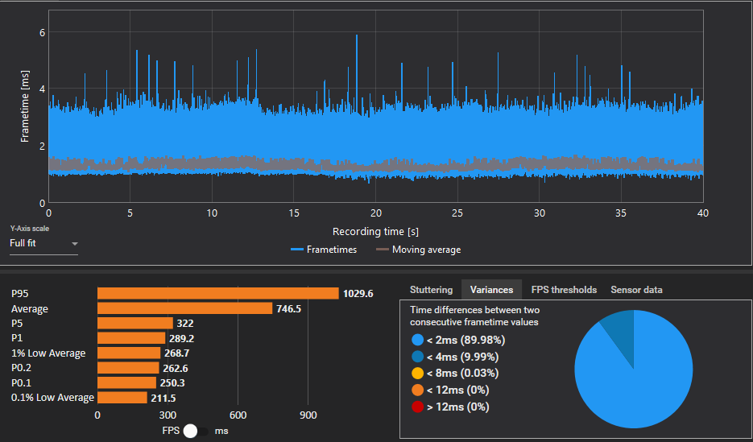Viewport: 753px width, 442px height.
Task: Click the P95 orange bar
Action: click(218, 293)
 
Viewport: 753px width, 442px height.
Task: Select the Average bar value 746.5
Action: click(288, 308)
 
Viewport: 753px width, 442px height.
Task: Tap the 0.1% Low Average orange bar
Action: click(122, 398)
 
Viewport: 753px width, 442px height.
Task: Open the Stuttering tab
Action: click(431, 290)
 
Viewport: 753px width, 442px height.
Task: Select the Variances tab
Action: click(492, 290)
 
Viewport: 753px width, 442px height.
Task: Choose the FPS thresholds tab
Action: click(564, 290)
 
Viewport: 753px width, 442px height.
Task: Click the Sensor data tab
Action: click(636, 290)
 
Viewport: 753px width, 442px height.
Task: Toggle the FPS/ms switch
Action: click(196, 431)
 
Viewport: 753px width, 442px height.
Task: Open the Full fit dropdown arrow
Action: click(74, 244)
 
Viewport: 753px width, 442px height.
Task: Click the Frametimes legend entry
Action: click(324, 250)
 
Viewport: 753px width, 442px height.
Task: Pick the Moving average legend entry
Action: click(418, 250)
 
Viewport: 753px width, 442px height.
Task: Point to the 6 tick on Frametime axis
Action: click(41, 31)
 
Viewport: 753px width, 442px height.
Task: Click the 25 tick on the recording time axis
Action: click(457, 212)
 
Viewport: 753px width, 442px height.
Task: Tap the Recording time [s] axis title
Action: click(375, 232)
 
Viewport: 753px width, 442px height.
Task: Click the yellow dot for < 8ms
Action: click(417, 373)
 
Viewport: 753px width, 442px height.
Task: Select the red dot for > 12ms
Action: click(417, 407)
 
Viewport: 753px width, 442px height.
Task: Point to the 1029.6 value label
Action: click(358, 294)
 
